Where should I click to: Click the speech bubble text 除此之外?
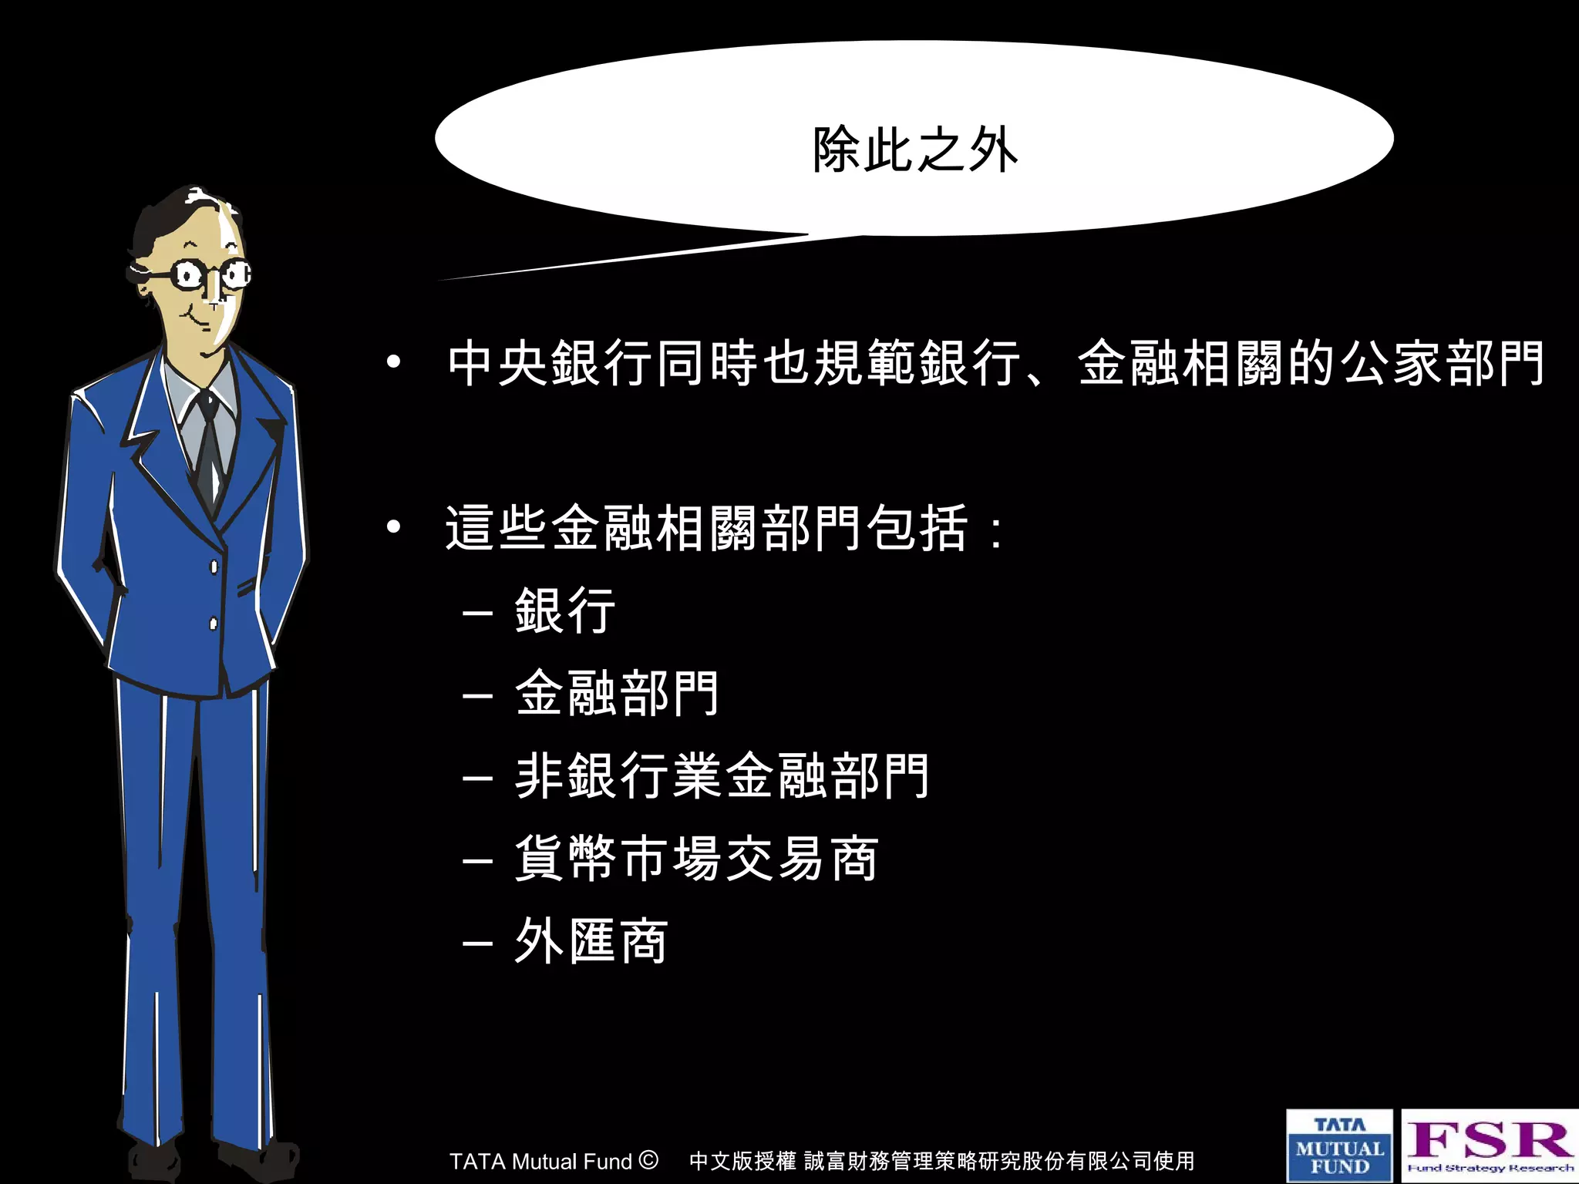(x=915, y=150)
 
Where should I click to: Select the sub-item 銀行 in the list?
(x=565, y=610)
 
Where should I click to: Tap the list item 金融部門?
(x=617, y=693)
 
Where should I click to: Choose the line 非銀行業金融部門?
(x=722, y=775)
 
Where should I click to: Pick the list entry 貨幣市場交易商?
(x=696, y=859)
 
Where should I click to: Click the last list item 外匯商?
(x=591, y=941)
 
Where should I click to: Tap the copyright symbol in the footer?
(x=649, y=1159)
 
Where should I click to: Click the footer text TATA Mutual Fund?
(x=540, y=1161)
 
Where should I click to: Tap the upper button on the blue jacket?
(x=214, y=567)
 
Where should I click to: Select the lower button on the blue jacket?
(x=214, y=623)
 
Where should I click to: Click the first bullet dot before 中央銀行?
(x=394, y=362)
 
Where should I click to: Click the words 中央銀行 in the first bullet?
(x=550, y=363)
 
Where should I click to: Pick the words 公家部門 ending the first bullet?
(x=1442, y=363)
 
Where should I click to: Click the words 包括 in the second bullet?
(x=917, y=528)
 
